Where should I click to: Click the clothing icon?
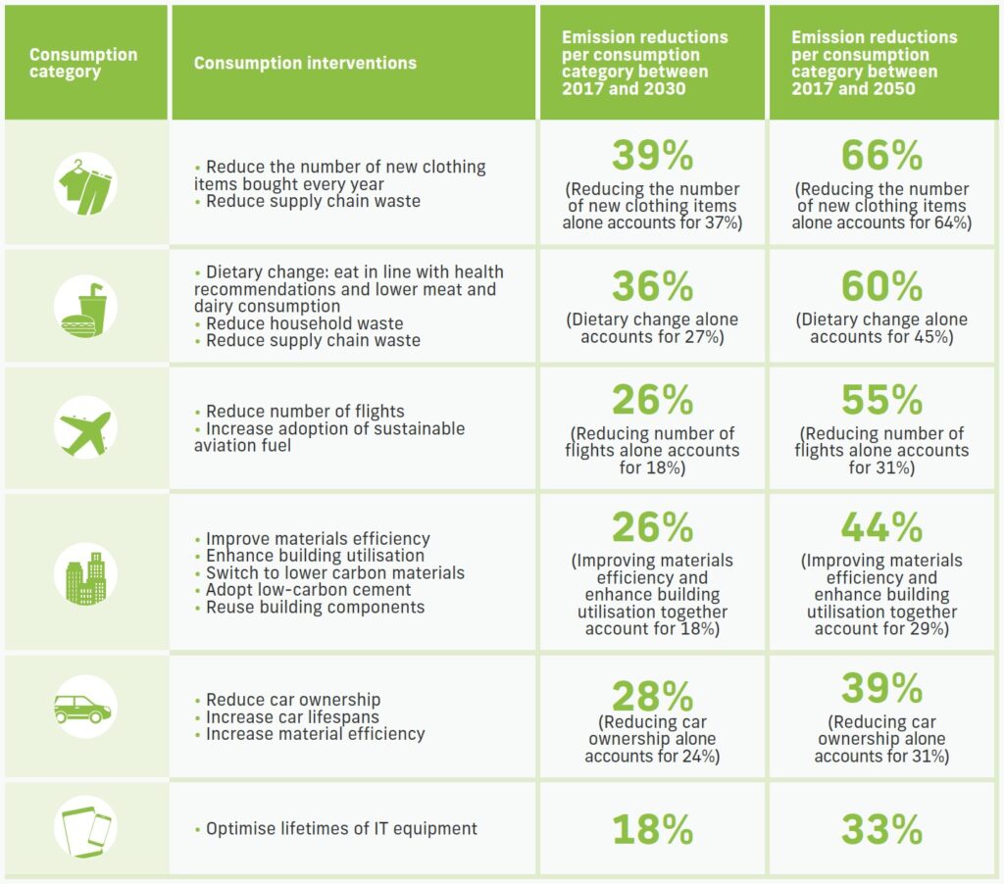pyautogui.click(x=85, y=183)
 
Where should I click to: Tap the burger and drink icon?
pyautogui.click(x=85, y=307)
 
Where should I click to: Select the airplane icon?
pyautogui.click(x=85, y=427)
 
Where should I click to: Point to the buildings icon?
pyautogui.click(x=85, y=572)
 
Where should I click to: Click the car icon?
pyautogui.click(x=85, y=708)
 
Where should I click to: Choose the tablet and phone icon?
pyautogui.click(x=85, y=829)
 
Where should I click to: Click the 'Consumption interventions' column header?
pyautogui.click(x=305, y=63)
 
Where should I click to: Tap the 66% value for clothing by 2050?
pyautogui.click(x=881, y=156)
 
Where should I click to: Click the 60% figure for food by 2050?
pyautogui.click(x=881, y=286)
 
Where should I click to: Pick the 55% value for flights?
pyautogui.click(x=881, y=400)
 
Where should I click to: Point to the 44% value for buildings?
pyautogui.click(x=881, y=527)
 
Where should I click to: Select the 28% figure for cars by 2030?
pyautogui.click(x=652, y=695)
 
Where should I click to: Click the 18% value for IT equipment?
pyautogui.click(x=652, y=829)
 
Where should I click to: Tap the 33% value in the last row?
pyautogui.click(x=881, y=829)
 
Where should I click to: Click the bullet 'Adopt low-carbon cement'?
pyautogui.click(x=308, y=590)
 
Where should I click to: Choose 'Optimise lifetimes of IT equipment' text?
pyautogui.click(x=341, y=829)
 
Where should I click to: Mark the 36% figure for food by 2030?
pyautogui.click(x=652, y=286)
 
